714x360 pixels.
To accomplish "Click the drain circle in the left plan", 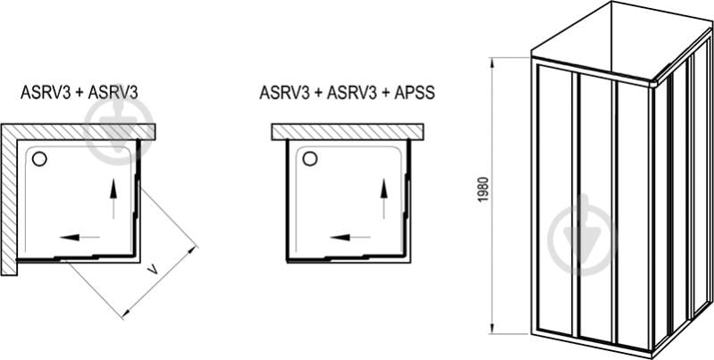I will pos(39,159).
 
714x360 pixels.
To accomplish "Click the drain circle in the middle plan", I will pos(309,159).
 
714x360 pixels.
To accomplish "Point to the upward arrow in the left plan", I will pos(113,198).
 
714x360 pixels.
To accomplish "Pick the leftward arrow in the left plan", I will pos(80,238).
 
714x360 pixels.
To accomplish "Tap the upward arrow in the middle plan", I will pos(384,197).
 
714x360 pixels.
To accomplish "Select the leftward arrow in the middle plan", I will pos(350,238).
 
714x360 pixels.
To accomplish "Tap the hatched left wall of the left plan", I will pos(8,201).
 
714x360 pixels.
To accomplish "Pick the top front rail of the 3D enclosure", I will pos(594,67).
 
